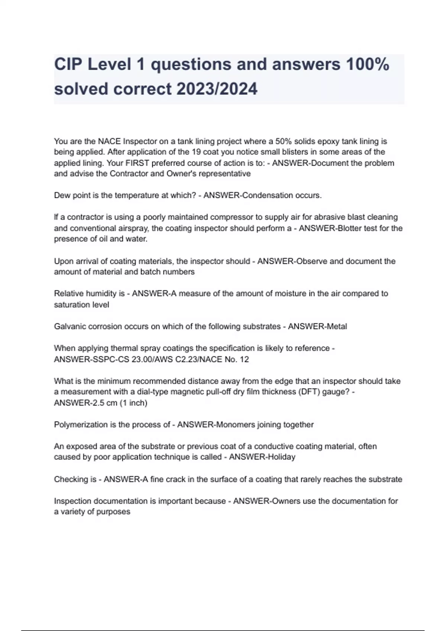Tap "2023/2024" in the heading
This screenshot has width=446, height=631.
coord(217,89)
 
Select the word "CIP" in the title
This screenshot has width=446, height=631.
coord(68,64)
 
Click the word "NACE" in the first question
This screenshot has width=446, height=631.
coord(109,141)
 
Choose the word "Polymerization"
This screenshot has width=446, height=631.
coord(81,425)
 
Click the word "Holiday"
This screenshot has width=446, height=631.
coord(281,457)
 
